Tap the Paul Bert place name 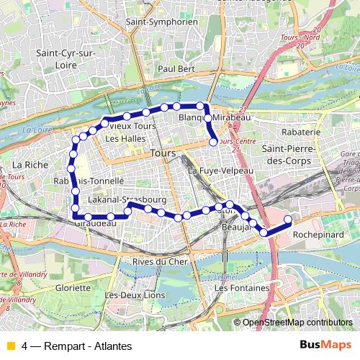176,68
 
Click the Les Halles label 120,138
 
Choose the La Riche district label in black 30,165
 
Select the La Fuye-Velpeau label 220,171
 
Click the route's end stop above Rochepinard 288,220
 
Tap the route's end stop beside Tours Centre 213,143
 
